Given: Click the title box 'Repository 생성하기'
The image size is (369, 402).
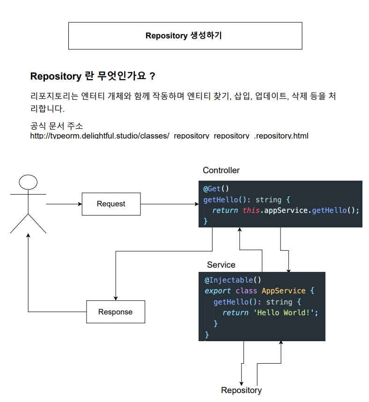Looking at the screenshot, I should (185, 36).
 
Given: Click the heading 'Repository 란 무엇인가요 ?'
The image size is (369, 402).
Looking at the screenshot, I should (92, 76).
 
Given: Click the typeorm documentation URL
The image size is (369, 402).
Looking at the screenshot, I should (169, 136).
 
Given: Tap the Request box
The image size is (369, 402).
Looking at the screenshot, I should (111, 204).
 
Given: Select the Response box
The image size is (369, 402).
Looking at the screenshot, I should (115, 312).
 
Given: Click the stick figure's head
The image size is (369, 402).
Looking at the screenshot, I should (28, 183).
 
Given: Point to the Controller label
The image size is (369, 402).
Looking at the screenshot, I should (221, 170).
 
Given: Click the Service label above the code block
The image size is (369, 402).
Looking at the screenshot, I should (221, 265).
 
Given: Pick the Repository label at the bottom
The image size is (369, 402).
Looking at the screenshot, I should (241, 390).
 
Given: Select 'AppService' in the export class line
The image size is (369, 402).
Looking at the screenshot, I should (283, 291).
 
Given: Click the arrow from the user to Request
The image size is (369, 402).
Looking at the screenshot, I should (64, 204).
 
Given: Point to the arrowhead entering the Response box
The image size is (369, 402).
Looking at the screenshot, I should (115, 298).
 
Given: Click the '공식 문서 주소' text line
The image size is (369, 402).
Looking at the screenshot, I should (56, 126).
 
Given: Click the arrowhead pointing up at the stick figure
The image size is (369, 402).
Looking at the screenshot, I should (28, 236).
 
